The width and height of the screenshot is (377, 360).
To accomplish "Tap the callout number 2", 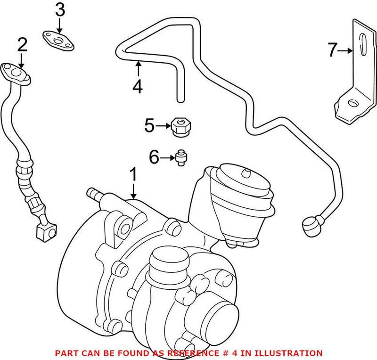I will click(x=22, y=46).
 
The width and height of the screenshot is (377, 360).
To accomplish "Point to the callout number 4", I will click(x=137, y=87).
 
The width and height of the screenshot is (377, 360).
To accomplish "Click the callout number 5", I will click(x=149, y=126).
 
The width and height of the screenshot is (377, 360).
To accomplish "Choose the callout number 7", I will click(x=333, y=49).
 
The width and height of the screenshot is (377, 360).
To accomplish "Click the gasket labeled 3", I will click(x=59, y=39).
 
